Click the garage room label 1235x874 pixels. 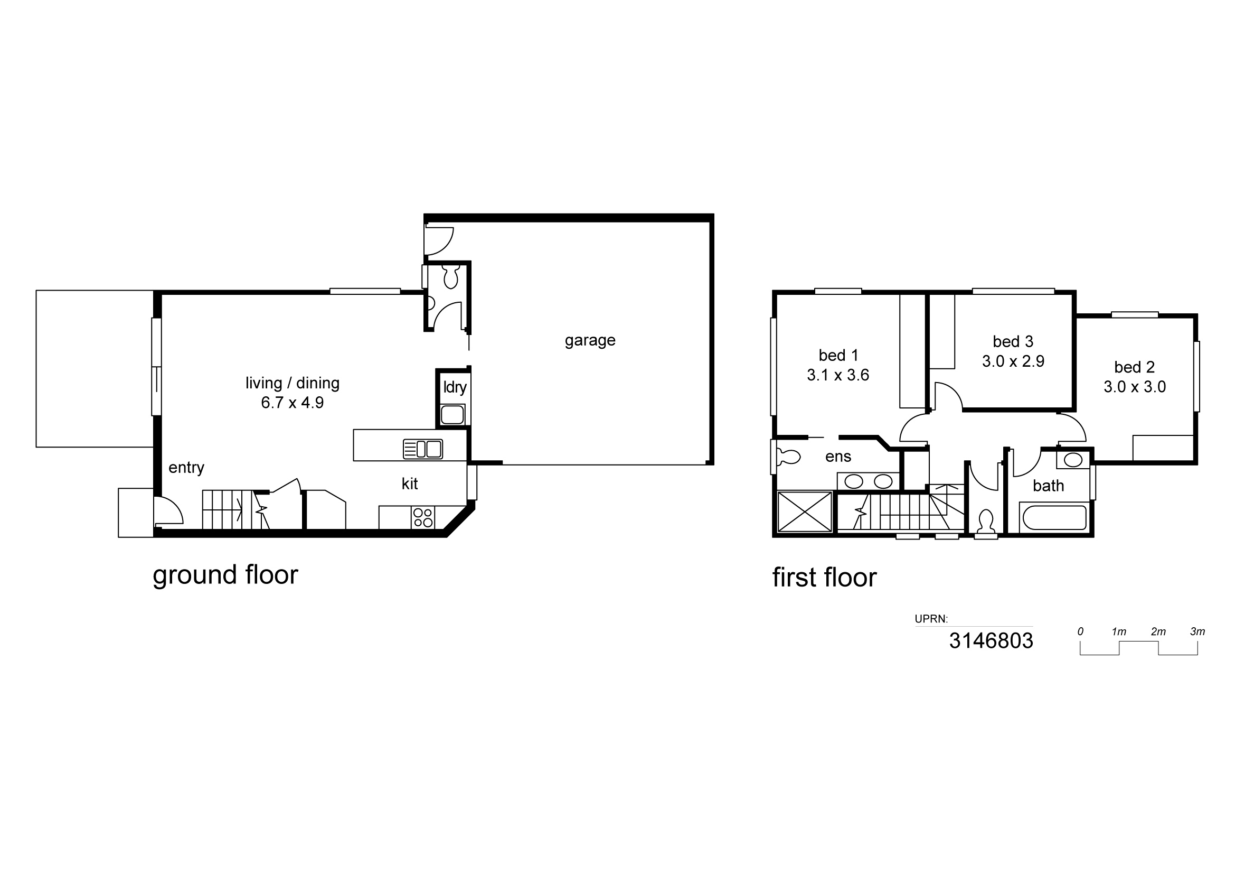[590, 340]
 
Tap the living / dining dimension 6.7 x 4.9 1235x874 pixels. [293, 403]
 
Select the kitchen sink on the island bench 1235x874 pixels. [423, 449]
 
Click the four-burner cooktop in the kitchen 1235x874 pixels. [423, 518]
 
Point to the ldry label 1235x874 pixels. [455, 387]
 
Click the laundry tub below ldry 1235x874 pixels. [452, 415]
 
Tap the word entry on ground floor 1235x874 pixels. [186, 468]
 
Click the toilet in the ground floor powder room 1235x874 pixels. [450, 275]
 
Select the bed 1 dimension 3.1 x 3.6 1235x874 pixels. [838, 375]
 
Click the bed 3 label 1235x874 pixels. [1013, 341]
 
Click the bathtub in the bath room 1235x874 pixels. [1054, 517]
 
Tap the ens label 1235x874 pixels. [838, 457]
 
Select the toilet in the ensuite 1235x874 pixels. [788, 457]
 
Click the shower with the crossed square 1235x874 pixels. [805, 512]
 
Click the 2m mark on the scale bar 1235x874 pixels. [1158, 632]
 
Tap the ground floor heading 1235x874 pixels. [225, 575]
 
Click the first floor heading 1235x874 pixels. [825, 578]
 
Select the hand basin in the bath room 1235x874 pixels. [1073, 460]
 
